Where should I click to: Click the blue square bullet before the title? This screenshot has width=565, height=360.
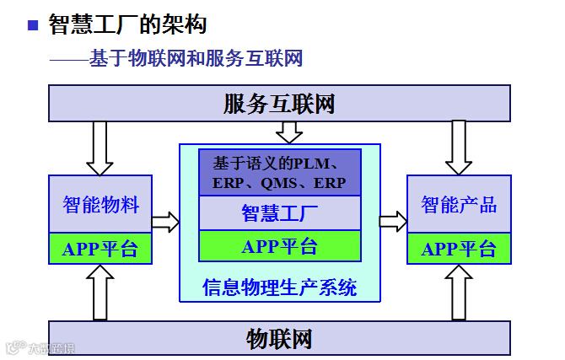(34, 25)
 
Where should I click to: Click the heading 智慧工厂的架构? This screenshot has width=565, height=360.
(127, 24)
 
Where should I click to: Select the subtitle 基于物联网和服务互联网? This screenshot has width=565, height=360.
(196, 59)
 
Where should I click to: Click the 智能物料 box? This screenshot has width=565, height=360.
(100, 204)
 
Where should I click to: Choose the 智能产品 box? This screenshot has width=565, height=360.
(459, 204)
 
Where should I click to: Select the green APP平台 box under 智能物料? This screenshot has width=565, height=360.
(100, 249)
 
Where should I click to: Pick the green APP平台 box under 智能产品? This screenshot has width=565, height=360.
(459, 249)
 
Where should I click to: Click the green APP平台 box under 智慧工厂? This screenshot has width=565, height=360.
(279, 246)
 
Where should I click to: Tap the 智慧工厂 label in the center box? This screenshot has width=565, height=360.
(279, 212)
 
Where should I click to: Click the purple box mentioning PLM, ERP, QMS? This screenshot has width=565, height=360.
(279, 172)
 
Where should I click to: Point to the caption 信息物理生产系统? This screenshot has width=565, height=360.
(279, 287)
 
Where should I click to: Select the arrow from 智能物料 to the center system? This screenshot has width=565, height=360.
(165, 222)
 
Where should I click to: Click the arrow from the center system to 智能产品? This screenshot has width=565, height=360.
(393, 221)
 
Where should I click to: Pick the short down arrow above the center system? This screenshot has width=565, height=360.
(289, 132)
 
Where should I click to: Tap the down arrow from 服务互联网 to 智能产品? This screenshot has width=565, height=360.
(459, 147)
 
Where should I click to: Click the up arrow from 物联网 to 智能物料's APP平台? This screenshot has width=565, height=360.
(100, 292)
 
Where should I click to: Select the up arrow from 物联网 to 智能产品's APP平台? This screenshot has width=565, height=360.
(459, 292)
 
